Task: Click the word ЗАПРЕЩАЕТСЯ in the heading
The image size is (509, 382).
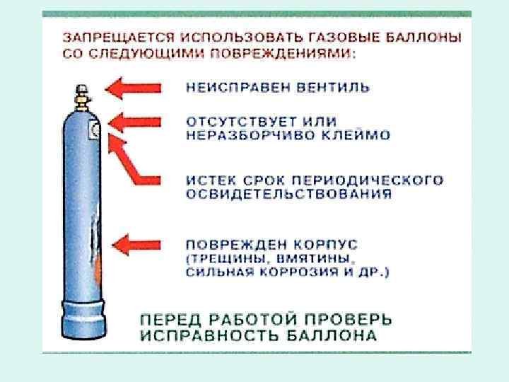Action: tap(107, 35)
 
